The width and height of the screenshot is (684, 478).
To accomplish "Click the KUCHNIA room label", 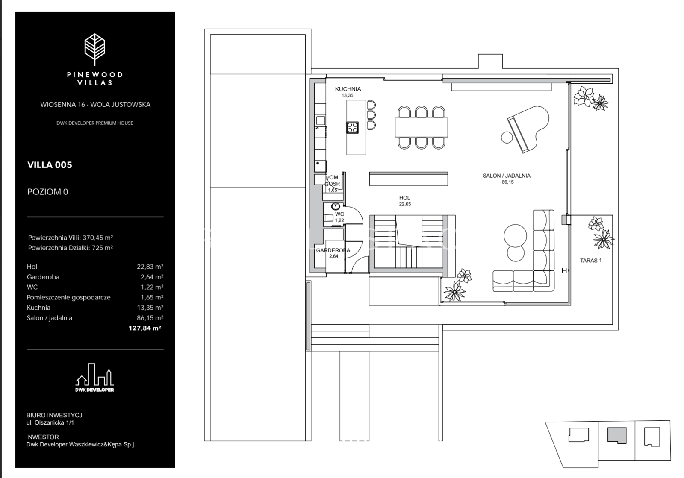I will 348,89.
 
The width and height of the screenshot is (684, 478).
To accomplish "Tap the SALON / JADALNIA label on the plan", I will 507,176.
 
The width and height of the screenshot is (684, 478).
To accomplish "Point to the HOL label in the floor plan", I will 404,198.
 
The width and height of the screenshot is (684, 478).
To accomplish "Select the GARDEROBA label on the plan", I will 333,250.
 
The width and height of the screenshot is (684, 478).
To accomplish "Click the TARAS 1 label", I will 591,260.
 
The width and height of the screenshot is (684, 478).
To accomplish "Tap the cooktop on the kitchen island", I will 352,127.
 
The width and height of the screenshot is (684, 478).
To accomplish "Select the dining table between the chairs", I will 421,127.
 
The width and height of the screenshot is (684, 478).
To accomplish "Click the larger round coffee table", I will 516,235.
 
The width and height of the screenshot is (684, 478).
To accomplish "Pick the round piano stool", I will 507,137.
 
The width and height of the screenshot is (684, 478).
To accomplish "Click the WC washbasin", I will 333,208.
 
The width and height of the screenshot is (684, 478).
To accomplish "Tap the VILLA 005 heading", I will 50,165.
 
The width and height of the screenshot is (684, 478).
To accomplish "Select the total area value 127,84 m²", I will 144,328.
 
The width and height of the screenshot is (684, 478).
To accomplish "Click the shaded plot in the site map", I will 616,435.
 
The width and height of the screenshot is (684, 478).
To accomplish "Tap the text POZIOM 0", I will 47,192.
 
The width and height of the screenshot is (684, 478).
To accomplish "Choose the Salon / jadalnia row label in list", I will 49,318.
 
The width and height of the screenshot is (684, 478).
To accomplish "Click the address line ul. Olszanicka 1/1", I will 50,423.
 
